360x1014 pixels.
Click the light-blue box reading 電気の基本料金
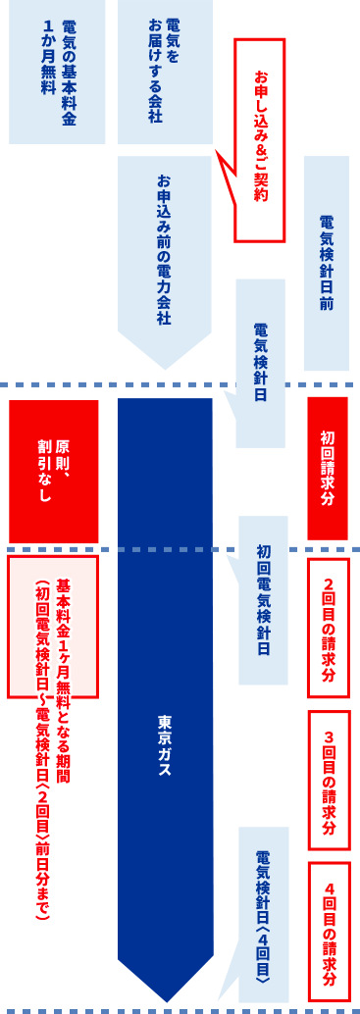tap(57, 72)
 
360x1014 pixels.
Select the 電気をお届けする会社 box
tap(165, 72)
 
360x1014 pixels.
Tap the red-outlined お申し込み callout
tap(260, 138)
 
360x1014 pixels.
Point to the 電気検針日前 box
tap(326, 263)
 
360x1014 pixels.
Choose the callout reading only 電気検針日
tap(261, 362)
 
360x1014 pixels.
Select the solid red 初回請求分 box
tap(328, 468)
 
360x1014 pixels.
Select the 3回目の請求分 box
tap(328, 780)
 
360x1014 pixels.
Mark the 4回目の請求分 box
tap(328, 932)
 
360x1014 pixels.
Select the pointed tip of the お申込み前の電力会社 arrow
tap(165, 367)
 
